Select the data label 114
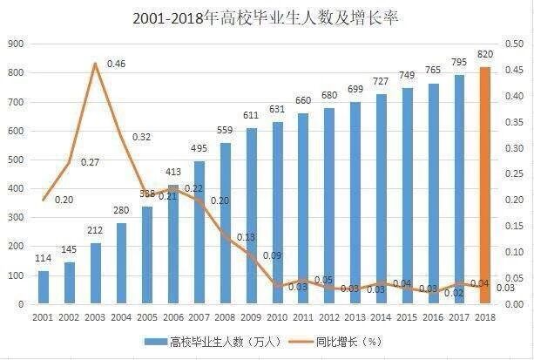pos(42,260)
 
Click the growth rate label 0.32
pos(142,137)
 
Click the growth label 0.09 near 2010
pos(271,255)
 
